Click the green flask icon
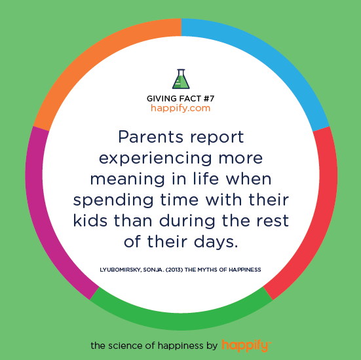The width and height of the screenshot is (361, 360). (181, 79)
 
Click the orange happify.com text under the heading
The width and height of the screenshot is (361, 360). (181, 108)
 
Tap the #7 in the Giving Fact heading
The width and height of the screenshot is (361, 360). (209, 98)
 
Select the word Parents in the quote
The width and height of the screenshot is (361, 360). (150, 137)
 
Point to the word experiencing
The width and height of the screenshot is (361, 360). (155, 158)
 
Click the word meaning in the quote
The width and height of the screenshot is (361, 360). (127, 180)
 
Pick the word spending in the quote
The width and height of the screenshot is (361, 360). (113, 201)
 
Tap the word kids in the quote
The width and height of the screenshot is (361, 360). (90, 221)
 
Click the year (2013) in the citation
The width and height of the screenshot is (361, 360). (174, 270)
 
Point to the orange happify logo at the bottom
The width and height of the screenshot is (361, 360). (246, 346)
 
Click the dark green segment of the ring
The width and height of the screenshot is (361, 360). (181, 321)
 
